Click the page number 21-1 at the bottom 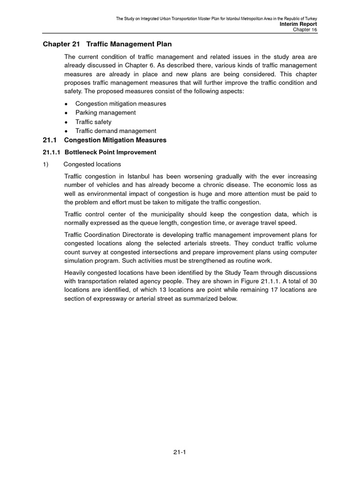[x=180, y=452]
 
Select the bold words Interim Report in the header [x=298, y=24]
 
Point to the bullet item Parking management [x=106, y=113]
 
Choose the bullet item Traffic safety [x=94, y=122]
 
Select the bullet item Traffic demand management [x=116, y=131]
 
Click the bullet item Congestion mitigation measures [x=121, y=104]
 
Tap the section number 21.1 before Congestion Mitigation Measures [x=50, y=140]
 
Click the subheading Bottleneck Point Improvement [x=111, y=152]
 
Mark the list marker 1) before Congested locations [x=46, y=164]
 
